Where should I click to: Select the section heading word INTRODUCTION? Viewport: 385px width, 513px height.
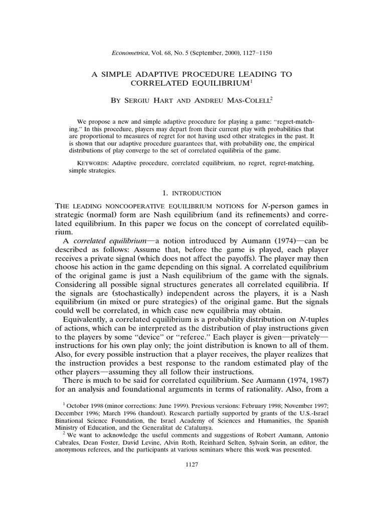[x=199, y=193]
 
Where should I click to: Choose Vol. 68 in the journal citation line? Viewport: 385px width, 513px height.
[x=174, y=52]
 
